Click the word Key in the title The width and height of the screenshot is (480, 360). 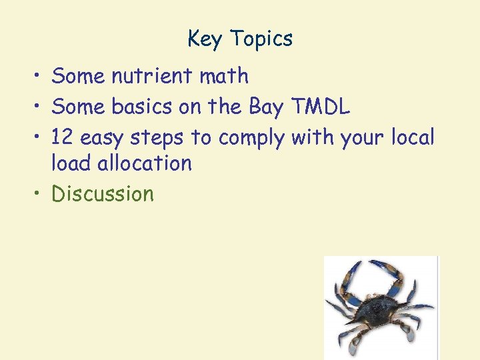tap(204, 39)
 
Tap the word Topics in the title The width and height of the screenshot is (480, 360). tap(261, 39)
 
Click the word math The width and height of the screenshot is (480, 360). tap(224, 77)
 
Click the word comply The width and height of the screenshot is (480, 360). tap(253, 139)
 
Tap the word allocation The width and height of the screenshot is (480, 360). tap(150, 163)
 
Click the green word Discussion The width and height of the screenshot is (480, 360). tap(103, 194)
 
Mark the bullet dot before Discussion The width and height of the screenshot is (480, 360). tap(39, 195)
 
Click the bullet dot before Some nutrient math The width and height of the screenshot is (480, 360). tap(39, 77)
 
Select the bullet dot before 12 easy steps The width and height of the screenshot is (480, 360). tap(39, 138)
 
